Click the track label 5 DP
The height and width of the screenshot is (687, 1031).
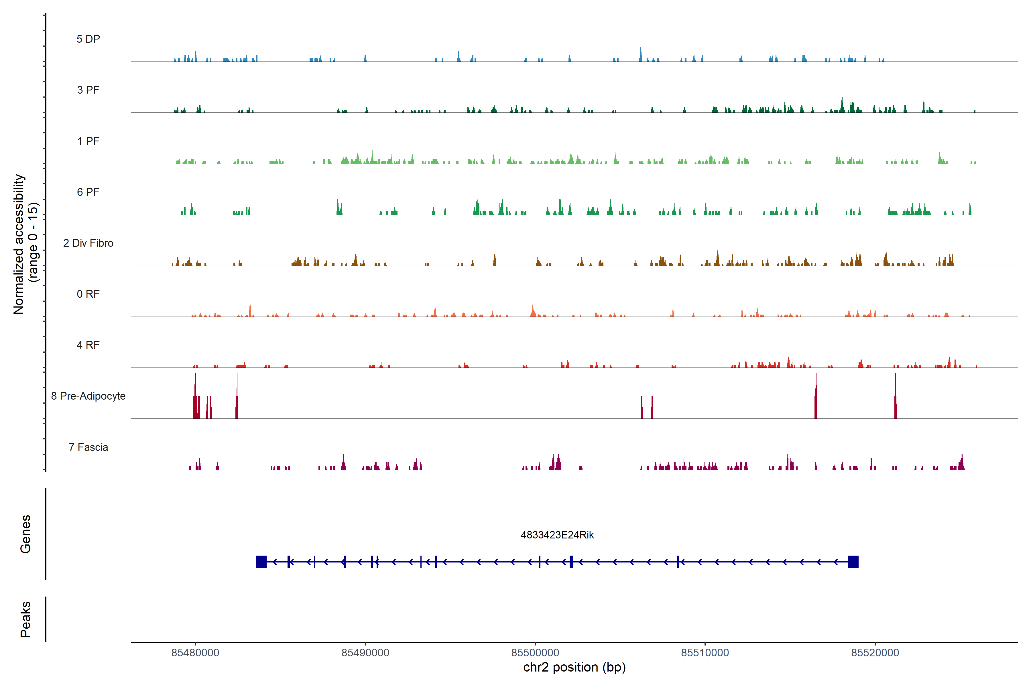88,39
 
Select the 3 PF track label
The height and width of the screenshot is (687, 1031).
88,90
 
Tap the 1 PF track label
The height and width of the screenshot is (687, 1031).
88,141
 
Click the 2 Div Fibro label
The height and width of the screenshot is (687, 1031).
88,243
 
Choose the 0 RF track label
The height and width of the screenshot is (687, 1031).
88,294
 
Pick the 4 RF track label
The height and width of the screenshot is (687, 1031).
88,345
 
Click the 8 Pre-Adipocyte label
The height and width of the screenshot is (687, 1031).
88,396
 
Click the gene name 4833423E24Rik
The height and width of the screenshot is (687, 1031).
557,535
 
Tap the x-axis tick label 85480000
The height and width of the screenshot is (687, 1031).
195,653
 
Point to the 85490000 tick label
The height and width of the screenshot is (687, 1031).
365,653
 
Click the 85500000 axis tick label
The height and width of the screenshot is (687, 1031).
535,653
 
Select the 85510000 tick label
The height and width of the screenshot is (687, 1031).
705,653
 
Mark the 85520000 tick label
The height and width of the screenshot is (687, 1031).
875,653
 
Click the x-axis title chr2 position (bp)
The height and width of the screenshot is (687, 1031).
574,667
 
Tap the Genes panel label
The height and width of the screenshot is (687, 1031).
25,534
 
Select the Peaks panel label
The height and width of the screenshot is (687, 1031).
25,619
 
